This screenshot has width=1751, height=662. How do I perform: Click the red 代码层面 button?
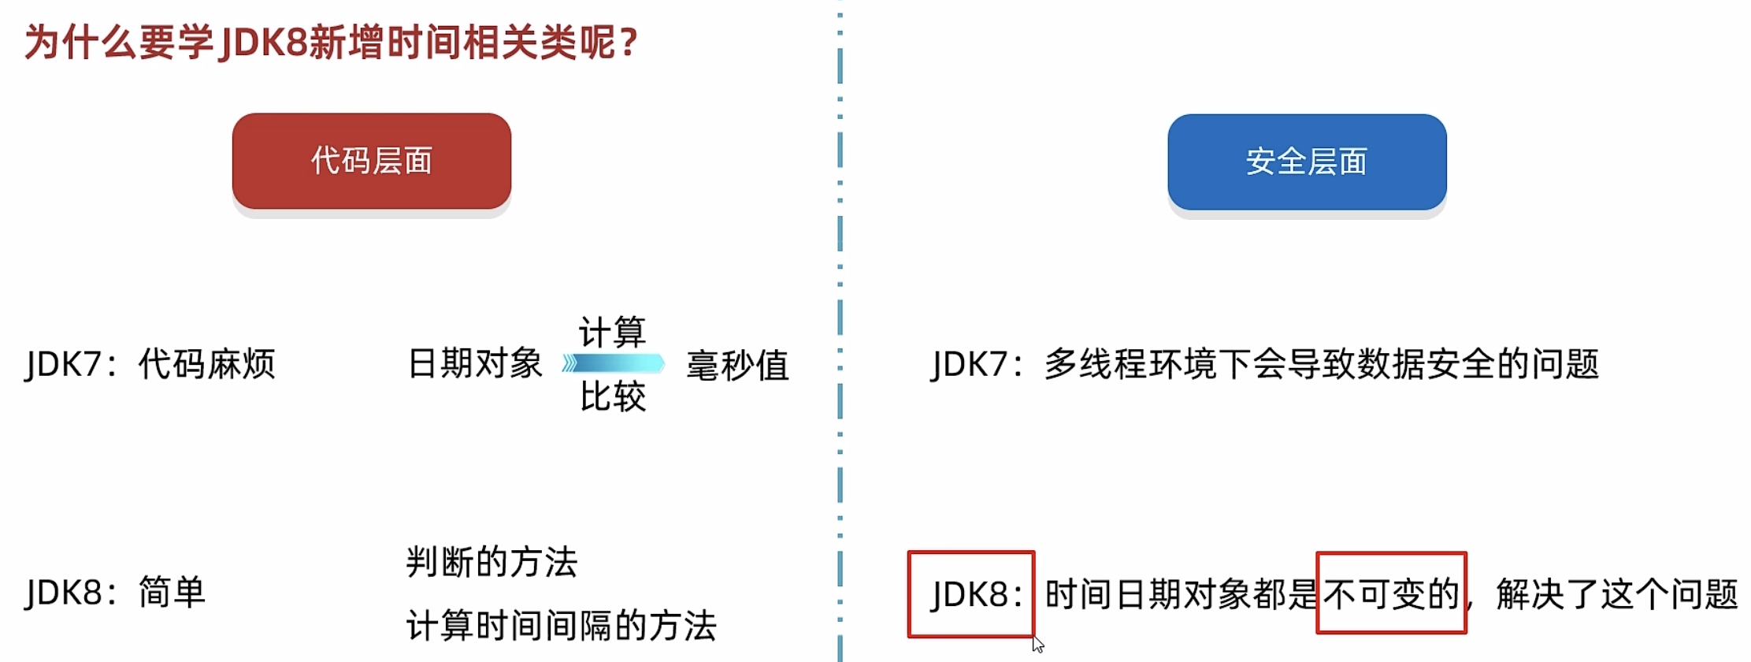coord(371,161)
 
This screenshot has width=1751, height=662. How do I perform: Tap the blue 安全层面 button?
coord(1306,162)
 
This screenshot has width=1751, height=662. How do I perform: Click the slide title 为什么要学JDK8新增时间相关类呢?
coord(331,43)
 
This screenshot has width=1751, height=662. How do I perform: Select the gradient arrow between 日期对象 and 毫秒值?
coord(614,363)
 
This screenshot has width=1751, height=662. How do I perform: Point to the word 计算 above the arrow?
coord(612,332)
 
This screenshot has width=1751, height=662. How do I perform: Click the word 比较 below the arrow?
coord(612,396)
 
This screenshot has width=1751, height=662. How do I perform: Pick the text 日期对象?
coord(475,364)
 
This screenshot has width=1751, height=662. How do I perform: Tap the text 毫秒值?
coord(737,366)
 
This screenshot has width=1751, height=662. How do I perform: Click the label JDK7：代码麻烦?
coord(150,365)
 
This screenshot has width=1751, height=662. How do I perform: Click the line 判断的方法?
coord(492,563)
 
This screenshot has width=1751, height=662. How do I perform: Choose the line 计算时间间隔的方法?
coord(561,627)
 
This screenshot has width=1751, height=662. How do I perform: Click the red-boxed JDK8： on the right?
coord(971,594)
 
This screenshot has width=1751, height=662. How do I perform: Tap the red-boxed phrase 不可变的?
coord(1391,594)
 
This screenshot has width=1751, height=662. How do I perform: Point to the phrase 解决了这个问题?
coord(1616,594)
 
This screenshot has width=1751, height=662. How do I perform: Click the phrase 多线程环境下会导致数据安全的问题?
coord(1321,364)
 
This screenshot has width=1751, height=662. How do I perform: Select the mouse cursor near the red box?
coord(1038,644)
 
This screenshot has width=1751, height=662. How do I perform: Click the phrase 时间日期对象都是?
coord(1180,594)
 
